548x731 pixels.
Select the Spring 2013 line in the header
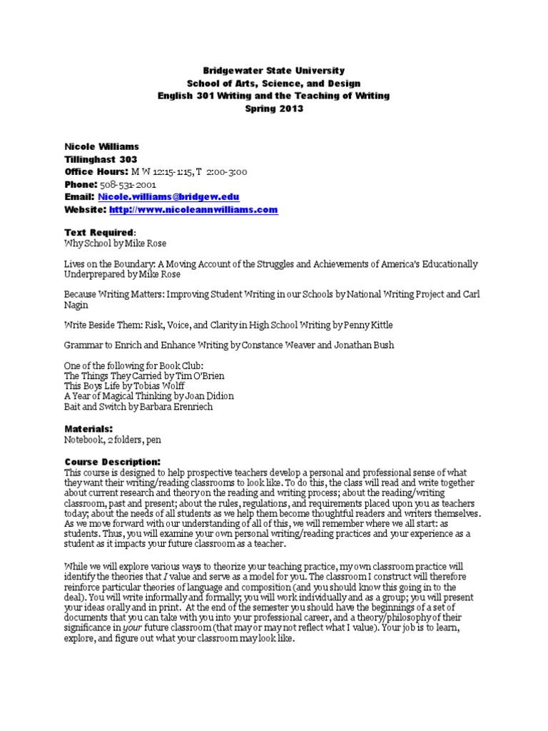click(x=273, y=109)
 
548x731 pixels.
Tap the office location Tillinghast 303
click(x=101, y=159)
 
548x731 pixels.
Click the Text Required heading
click(x=99, y=233)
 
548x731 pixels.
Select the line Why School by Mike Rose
click(x=112, y=244)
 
